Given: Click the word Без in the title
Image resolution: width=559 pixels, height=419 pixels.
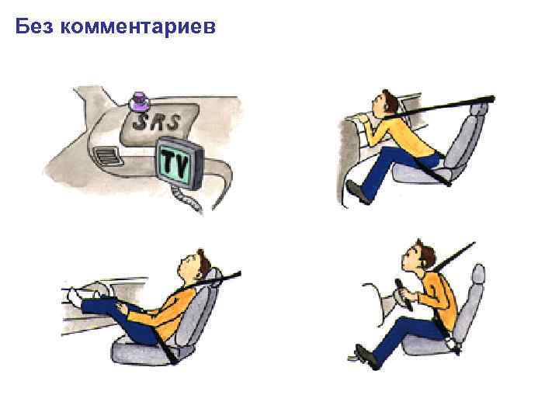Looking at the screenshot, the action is [34, 26].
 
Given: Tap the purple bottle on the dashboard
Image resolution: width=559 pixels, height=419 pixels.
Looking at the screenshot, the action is [138, 101].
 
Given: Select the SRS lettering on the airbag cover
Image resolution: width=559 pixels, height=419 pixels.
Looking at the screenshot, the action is [155, 122].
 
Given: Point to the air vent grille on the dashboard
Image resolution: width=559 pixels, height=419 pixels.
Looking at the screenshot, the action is [109, 156].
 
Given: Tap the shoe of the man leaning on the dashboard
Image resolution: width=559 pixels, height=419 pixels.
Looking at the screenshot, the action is [358, 192].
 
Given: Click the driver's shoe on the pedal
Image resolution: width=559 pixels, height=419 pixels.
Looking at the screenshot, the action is [367, 357].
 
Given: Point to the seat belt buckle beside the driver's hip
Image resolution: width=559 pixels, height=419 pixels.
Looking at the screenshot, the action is [453, 343].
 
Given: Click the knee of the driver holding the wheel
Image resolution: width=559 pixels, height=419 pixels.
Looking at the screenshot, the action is [398, 324].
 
